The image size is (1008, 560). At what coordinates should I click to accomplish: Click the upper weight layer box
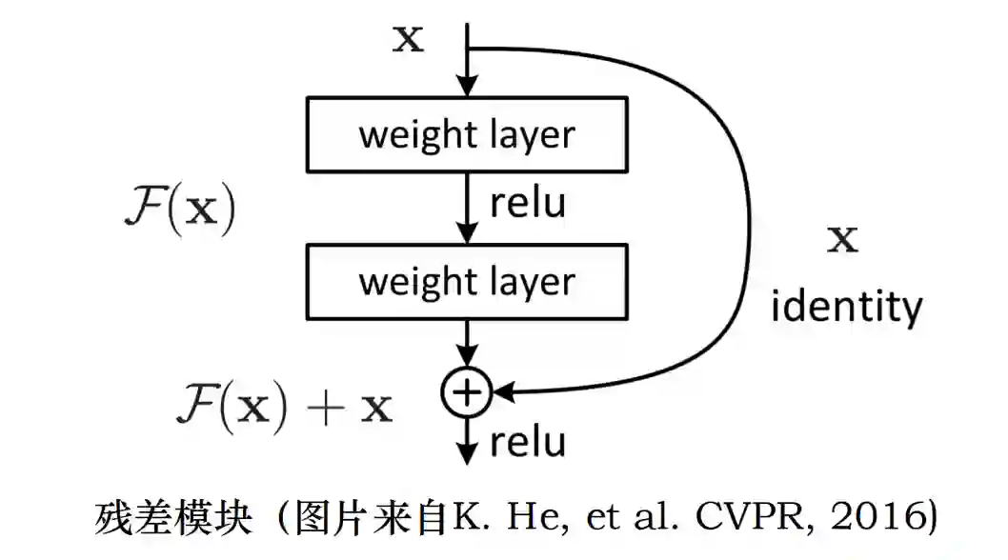[467, 133]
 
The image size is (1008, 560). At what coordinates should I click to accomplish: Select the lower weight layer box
[467, 281]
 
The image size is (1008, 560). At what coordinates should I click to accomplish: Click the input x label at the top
[408, 40]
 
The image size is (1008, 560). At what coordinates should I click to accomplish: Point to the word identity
[846, 307]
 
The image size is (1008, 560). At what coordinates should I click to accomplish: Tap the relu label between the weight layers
[528, 202]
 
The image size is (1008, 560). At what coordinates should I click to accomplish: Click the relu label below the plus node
[528, 441]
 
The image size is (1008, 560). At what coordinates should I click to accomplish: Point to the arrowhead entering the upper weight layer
[466, 88]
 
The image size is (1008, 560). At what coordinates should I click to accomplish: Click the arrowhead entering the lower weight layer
[466, 234]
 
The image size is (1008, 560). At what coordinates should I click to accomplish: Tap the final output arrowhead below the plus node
[466, 455]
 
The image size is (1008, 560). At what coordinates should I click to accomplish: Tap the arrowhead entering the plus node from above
[466, 362]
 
